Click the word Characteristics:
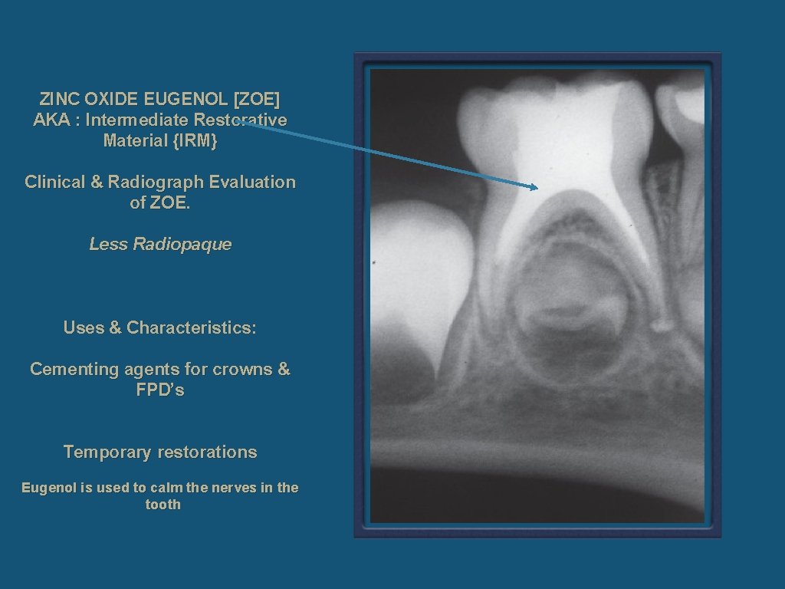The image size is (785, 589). (192, 328)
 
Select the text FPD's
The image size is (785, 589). (160, 390)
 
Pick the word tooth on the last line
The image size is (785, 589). (163, 505)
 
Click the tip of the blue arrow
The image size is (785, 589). (537, 187)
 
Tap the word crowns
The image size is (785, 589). (243, 370)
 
